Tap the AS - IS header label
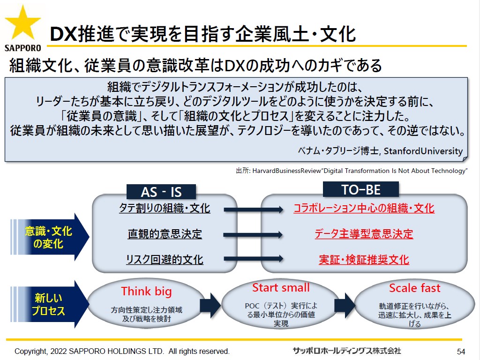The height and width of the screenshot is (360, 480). [161, 192]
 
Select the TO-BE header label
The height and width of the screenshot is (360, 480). [361, 189]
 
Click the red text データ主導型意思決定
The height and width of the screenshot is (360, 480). [364, 234]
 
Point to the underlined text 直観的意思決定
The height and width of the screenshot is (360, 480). [165, 234]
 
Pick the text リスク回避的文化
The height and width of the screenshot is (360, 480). [165, 260]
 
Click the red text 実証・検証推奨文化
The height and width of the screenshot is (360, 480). [364, 260]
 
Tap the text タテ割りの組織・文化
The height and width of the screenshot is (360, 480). [165, 208]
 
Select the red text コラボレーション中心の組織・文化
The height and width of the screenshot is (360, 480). [364, 208]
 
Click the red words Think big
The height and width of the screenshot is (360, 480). [146, 291]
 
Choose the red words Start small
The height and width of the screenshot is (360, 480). [281, 287]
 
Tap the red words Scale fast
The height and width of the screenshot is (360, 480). [414, 288]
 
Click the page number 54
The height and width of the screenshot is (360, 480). [461, 352]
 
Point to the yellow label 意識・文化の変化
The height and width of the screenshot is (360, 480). [48, 237]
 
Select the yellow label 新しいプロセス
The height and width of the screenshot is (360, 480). [48, 304]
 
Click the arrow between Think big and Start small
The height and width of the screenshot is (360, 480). [210, 305]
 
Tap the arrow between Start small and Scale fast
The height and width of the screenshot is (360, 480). [345, 305]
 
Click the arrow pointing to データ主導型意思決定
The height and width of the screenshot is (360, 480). [254, 235]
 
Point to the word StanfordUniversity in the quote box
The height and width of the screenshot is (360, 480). [423, 151]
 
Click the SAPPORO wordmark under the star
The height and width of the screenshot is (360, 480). [22, 48]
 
